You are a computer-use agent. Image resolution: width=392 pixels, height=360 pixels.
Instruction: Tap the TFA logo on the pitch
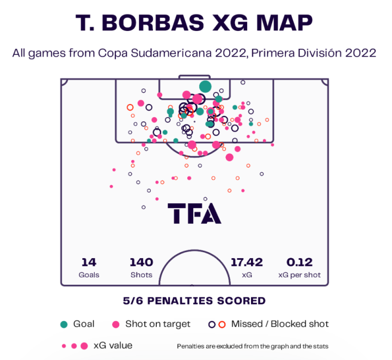coord(194,213)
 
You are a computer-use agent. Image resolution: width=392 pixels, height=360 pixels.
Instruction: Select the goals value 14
coord(89,263)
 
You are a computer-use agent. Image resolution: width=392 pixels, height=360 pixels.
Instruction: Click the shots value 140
coord(142,263)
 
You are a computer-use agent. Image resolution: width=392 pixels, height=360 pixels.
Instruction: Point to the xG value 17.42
coord(247,263)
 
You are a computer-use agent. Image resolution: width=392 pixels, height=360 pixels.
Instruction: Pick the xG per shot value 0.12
coord(299,263)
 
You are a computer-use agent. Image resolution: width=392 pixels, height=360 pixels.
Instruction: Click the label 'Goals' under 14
coord(89,275)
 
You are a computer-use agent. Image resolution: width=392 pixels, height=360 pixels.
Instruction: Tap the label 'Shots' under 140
coord(142,275)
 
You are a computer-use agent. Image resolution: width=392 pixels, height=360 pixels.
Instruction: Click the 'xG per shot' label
coord(299,275)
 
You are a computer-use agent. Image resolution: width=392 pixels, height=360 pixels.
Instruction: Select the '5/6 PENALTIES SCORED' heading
coord(194,301)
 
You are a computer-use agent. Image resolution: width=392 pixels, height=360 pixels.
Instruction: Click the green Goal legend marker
coord(64,324)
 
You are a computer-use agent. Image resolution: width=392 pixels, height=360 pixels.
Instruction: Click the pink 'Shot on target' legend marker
coord(115,324)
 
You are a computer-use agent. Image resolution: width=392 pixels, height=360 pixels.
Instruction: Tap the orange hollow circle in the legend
coord(222,324)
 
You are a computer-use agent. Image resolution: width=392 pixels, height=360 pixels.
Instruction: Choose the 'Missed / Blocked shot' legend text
coord(280,324)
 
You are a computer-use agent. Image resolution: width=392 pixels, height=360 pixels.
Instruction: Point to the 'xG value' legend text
coord(113,345)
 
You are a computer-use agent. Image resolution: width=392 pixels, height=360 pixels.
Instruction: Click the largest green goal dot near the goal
coord(205,86)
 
